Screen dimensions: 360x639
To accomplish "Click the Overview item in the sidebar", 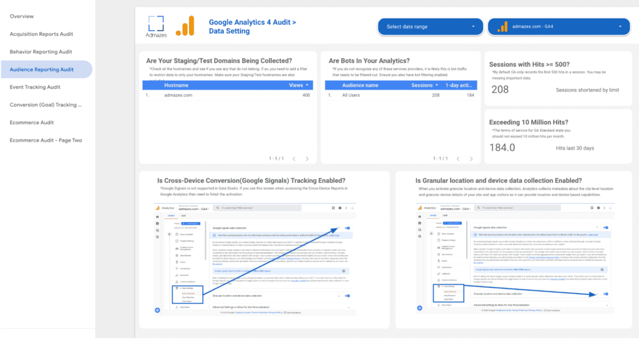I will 22,16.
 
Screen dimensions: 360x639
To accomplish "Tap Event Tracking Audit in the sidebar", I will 35,87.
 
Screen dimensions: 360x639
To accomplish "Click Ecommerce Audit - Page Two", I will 46,140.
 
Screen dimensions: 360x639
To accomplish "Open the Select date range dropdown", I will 430,27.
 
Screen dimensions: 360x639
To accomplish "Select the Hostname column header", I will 176,85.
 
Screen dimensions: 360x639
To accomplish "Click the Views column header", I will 296,85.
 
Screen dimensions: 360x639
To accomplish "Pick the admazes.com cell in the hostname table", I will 178,95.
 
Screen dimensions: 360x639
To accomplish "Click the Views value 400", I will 306,95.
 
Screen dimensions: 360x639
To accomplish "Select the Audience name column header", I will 360,85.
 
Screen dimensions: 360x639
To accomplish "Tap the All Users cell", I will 352,95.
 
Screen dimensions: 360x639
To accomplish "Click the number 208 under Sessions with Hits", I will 500,90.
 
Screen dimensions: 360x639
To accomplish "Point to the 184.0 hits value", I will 502,147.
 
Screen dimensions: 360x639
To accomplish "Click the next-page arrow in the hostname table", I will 307,159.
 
